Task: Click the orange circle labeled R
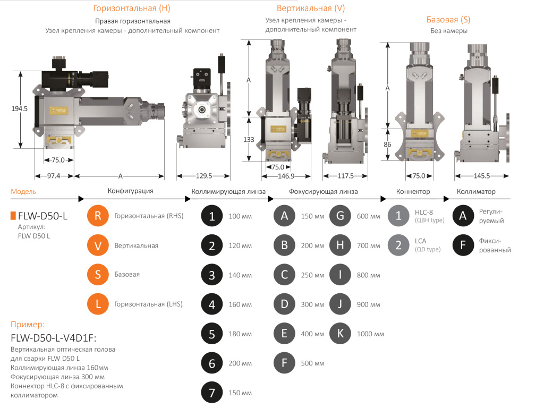(98, 216)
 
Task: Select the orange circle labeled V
(98, 245)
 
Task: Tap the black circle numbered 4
(212, 304)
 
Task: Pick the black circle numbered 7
(212, 393)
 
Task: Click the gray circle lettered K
(340, 334)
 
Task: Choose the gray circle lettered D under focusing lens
(284, 304)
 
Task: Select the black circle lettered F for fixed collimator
(463, 245)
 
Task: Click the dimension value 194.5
(20, 108)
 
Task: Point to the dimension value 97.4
(54, 176)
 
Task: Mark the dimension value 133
(249, 140)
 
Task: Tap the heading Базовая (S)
(448, 20)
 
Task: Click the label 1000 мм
(370, 334)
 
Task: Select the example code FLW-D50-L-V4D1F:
(53, 338)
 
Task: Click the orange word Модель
(23, 191)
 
